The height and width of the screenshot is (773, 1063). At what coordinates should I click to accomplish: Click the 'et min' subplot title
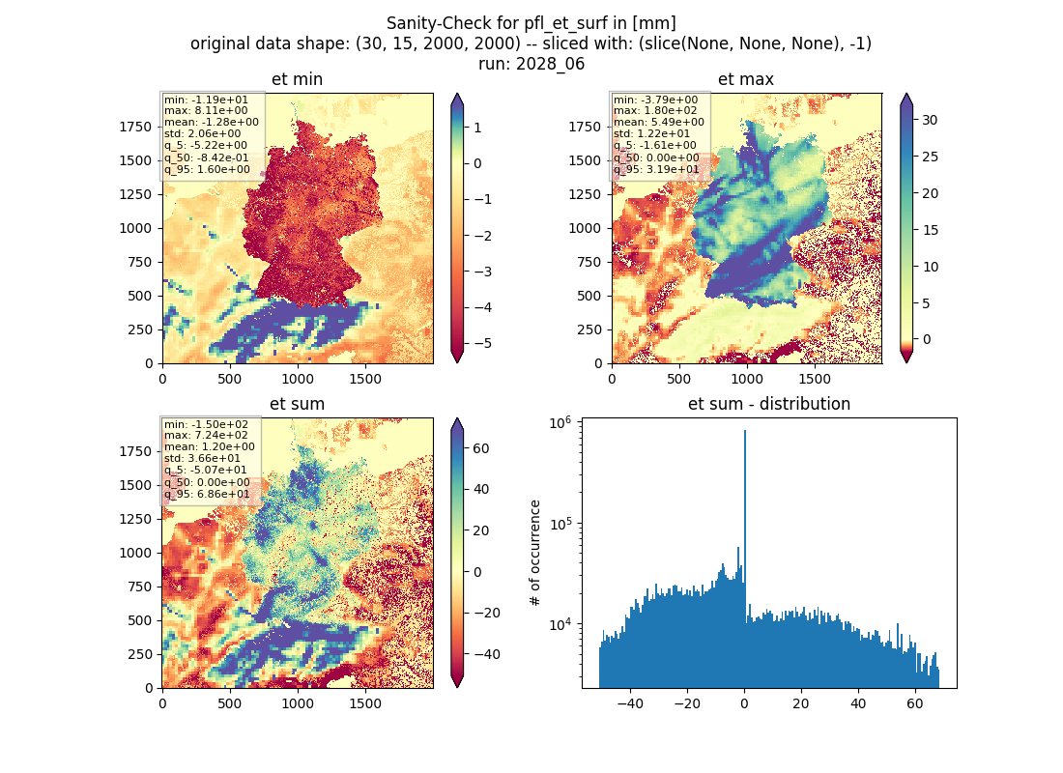pyautogui.click(x=297, y=79)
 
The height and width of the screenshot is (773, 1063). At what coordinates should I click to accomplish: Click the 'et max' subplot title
pyautogui.click(x=746, y=79)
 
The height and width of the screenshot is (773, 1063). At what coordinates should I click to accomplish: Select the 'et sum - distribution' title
pyautogui.click(x=769, y=404)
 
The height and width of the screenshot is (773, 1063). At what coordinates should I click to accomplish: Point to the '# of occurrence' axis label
pyautogui.click(x=535, y=553)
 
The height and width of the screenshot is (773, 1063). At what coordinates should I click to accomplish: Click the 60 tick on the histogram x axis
pyautogui.click(x=914, y=703)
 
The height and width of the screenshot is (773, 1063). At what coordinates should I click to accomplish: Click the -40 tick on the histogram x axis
pyautogui.click(x=630, y=703)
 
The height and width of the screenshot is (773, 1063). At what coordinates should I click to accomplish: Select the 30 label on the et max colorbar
pyautogui.click(x=930, y=120)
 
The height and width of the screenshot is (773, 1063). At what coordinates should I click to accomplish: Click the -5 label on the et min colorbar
pyautogui.click(x=480, y=343)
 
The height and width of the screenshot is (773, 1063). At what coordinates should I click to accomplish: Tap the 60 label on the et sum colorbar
pyautogui.click(x=480, y=448)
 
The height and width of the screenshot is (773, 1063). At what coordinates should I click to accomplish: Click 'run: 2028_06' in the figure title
pyautogui.click(x=531, y=64)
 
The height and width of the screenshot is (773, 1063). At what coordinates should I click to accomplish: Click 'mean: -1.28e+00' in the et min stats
pyautogui.click(x=211, y=122)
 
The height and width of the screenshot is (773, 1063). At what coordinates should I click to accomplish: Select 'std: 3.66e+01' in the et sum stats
pyautogui.click(x=202, y=458)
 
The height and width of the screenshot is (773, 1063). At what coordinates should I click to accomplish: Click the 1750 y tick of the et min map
pyautogui.click(x=136, y=127)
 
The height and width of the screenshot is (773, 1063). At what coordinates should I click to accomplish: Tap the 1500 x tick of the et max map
pyautogui.click(x=815, y=379)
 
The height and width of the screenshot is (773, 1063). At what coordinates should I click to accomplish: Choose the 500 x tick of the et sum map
pyautogui.click(x=230, y=703)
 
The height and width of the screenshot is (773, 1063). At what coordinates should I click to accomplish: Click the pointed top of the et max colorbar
pyautogui.click(x=906, y=95)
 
